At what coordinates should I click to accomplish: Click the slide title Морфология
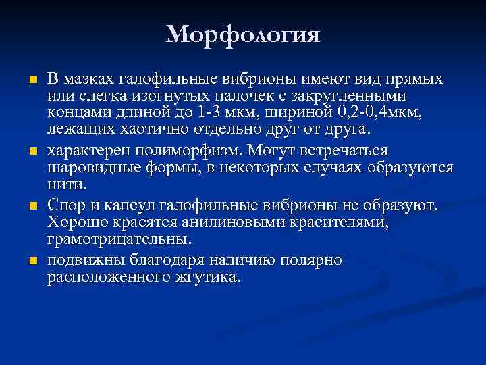(x=243, y=33)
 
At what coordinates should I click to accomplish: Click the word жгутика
(x=206, y=277)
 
